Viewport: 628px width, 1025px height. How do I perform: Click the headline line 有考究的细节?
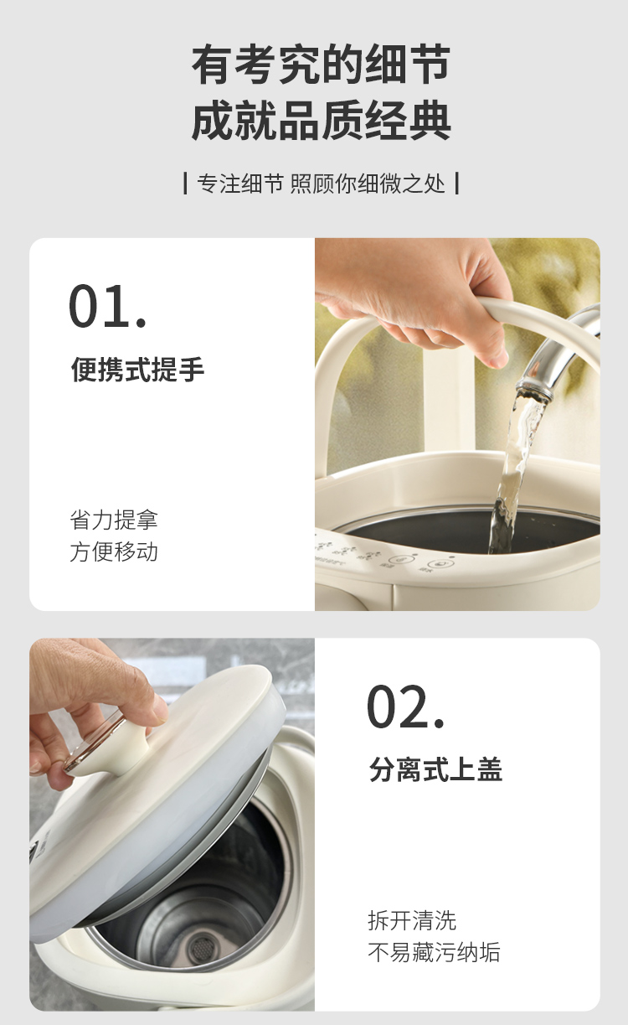321,65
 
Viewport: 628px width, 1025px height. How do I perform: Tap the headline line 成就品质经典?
321,121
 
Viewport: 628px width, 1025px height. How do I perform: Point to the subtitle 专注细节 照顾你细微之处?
321,184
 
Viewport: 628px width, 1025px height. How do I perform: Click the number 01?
107,306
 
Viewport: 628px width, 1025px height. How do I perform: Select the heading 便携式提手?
137,369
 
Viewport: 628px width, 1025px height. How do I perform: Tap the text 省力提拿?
114,520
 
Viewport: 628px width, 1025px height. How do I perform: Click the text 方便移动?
114,551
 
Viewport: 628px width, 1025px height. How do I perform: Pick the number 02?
405,707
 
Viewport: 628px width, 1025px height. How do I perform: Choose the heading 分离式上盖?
435,769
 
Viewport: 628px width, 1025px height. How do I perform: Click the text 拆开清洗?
412,921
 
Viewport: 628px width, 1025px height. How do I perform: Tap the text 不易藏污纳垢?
435,952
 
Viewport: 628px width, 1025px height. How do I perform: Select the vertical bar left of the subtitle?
185,184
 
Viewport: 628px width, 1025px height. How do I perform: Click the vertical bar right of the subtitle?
457,184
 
